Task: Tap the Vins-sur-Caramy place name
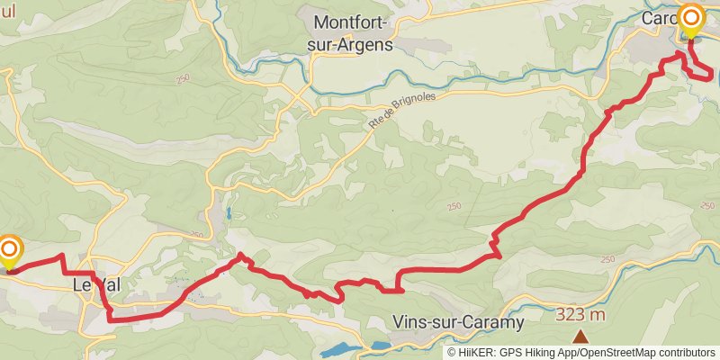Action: point(457,321)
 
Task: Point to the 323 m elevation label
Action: point(580,314)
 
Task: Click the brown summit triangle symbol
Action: point(580,337)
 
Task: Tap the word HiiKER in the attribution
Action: point(478,352)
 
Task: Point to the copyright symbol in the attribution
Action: point(452,352)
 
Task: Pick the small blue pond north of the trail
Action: point(229,214)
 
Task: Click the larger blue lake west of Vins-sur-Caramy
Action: point(339,349)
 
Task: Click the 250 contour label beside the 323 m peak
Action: point(607,259)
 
